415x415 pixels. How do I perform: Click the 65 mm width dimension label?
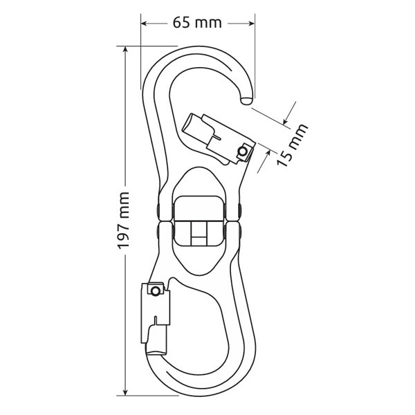(197, 23)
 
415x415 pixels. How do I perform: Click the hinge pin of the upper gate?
(242, 151)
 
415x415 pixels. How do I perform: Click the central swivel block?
(199, 221)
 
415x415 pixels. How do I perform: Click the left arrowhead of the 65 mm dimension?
(145, 23)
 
